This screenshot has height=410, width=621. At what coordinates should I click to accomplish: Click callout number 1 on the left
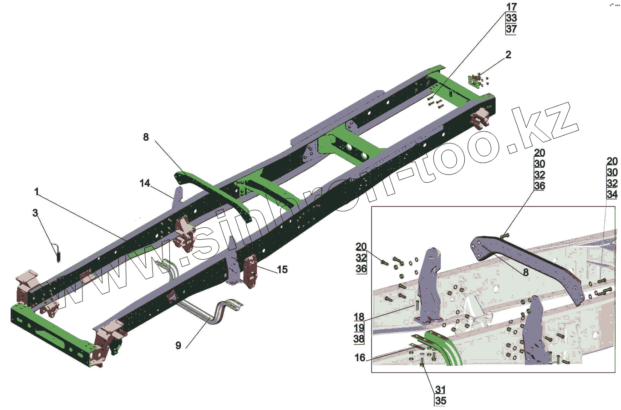coord(37,192)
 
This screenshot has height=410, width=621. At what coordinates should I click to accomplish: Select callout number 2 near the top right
coord(508,55)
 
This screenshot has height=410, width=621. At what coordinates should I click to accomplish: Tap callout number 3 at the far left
coord(35,213)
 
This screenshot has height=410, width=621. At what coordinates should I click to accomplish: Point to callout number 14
coord(145,183)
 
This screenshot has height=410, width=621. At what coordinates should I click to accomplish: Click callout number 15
coord(282,270)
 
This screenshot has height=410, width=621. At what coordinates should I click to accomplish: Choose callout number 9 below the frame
coord(178,346)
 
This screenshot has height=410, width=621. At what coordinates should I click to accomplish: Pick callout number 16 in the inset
coord(360,358)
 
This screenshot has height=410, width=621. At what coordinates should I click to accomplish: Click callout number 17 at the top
coord(511,7)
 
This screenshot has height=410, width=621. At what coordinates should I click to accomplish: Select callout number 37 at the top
coord(511,29)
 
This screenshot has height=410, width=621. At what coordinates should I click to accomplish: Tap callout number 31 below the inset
coord(440,390)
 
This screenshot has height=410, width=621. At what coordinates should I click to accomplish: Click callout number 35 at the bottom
coord(440,401)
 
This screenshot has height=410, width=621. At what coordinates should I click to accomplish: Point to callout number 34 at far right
coord(612,195)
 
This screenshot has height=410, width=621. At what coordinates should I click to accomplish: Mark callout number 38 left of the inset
coord(359,339)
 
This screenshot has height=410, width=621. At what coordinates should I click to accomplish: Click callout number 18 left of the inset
coord(359,317)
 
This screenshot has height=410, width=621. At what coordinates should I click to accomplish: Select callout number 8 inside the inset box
coord(526,272)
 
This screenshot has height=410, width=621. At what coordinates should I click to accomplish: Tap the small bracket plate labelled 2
coord(476,82)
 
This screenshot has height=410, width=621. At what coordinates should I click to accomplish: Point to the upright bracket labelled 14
coord(178,196)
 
